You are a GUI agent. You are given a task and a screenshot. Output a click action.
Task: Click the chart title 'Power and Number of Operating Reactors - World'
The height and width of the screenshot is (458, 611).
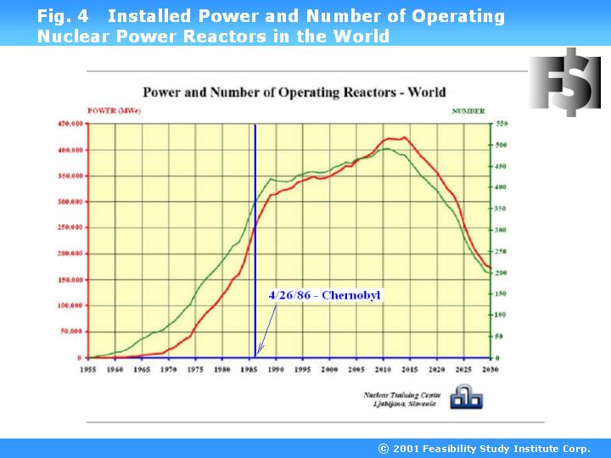293,92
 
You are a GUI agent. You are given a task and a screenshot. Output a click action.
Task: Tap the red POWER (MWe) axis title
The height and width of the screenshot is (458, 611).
114,111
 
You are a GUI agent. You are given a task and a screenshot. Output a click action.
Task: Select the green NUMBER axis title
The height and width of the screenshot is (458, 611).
468,111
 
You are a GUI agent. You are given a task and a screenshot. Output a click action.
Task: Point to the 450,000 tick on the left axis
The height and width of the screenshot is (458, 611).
71,124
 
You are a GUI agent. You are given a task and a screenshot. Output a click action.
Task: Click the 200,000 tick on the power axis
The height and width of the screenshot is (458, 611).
71,254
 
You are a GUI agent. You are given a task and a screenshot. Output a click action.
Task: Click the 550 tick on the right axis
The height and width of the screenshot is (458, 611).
502,124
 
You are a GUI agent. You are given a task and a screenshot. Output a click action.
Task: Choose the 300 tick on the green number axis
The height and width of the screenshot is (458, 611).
502,230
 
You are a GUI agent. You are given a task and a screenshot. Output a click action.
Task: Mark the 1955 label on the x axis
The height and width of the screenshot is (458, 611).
87,370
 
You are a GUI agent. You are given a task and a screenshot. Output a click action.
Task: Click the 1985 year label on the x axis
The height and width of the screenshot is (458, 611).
249,370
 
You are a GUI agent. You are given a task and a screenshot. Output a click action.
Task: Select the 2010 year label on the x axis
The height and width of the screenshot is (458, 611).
383,370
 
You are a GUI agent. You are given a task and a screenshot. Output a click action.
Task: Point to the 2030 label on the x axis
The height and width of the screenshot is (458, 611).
490,370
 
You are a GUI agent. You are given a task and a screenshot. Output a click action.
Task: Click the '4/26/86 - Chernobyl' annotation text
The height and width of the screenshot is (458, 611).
325,295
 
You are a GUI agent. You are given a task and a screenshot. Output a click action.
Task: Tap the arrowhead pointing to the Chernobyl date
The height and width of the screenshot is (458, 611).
261,349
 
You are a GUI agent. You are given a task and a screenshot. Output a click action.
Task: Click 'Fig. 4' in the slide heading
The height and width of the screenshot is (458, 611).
63,16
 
